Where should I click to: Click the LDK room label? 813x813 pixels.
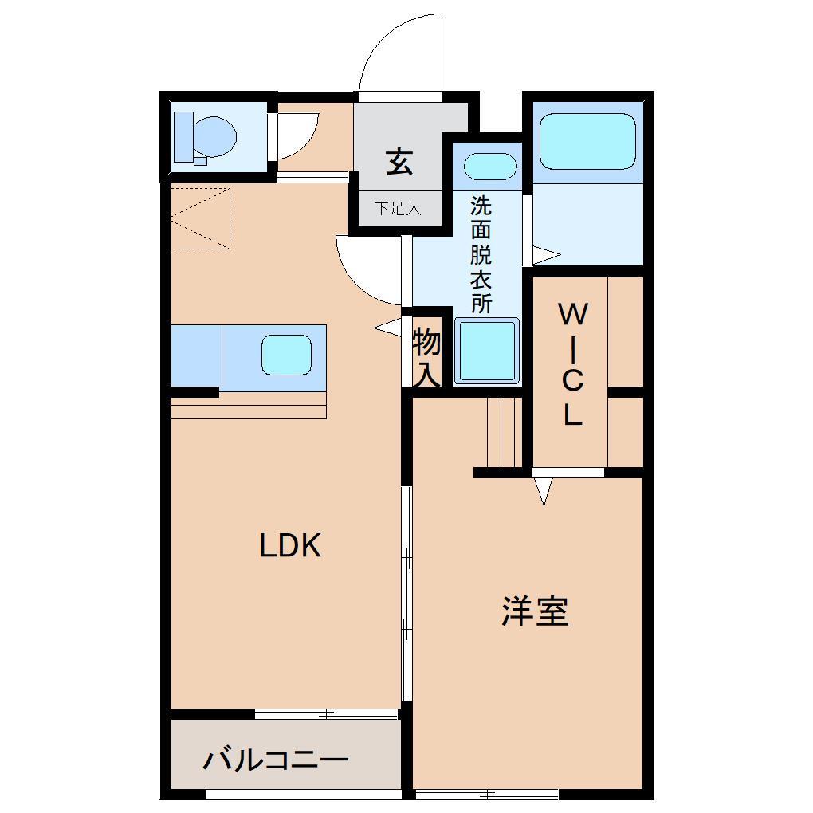pos(289,546)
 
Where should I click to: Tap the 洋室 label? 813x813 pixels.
pos(535,611)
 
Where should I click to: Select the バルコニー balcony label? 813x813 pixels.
pos(275,760)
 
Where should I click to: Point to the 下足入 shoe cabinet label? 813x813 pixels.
pos(398,210)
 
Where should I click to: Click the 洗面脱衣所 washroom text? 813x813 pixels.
pos(481,254)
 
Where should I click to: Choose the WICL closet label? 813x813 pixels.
pos(572,364)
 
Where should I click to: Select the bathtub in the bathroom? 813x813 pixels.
pos(588,140)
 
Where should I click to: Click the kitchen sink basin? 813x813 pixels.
pos(286,354)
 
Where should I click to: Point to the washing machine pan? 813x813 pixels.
pos(486,352)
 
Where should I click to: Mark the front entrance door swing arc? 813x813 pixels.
pos(399,56)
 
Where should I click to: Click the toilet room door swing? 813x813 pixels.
pos(299,135)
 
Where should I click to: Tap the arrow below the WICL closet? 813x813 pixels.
pos(544,491)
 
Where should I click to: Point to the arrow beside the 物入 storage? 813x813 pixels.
pos(388,327)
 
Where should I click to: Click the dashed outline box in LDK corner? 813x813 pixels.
pos(201,218)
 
